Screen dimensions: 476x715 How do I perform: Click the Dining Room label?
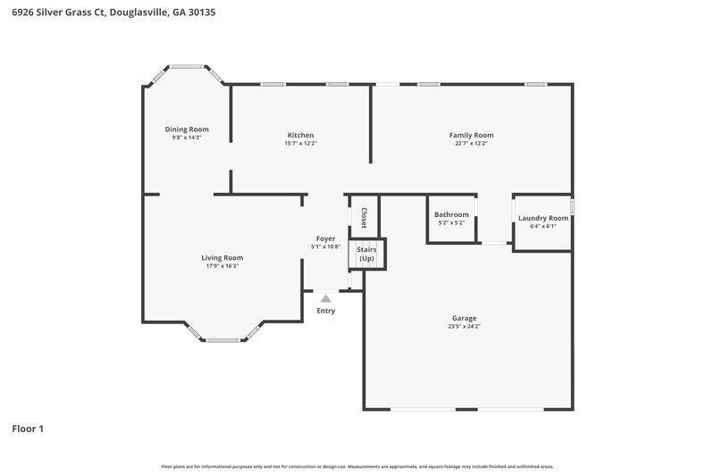tap(187, 129)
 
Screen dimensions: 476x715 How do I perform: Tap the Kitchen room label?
tap(300, 136)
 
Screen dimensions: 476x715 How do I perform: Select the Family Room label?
tap(471, 136)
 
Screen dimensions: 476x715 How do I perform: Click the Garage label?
tap(464, 318)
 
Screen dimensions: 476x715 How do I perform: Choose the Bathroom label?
tap(451, 214)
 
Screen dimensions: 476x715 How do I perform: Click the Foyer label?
tap(326, 238)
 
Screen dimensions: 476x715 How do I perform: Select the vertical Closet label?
tap(364, 218)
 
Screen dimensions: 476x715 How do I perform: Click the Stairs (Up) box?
tap(366, 255)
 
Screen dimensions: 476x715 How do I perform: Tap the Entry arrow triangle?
tap(326, 298)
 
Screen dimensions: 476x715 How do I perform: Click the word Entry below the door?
tap(326, 311)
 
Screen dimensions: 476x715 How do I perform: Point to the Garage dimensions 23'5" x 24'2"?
tap(464, 327)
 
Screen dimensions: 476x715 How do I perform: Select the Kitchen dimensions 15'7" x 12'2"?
tap(300, 144)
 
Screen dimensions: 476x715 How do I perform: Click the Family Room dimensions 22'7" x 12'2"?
tap(471, 144)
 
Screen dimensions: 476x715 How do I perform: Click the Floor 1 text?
tap(27, 429)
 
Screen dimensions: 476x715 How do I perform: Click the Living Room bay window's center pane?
tap(222, 340)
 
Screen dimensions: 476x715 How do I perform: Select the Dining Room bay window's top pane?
tap(187, 65)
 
